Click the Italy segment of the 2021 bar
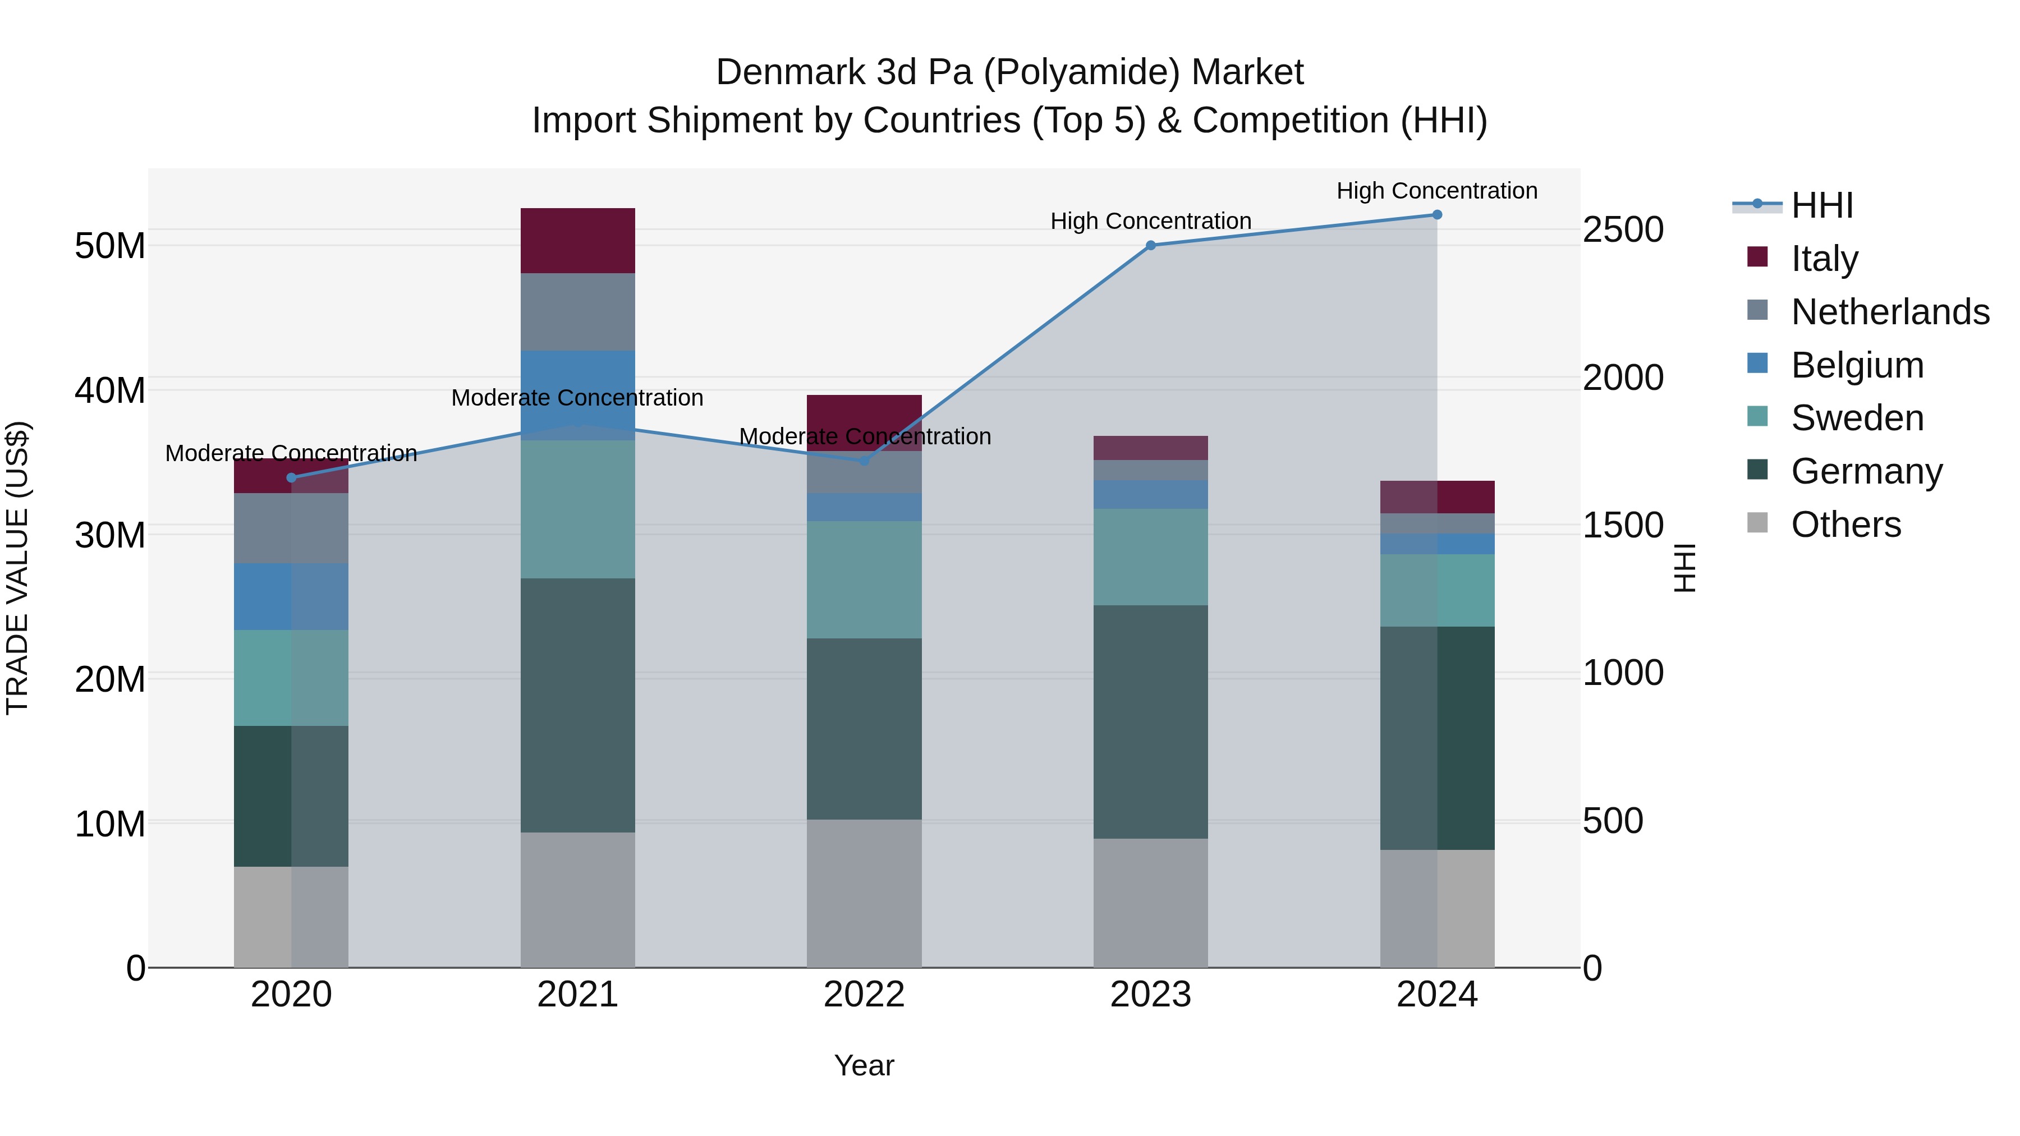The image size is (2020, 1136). (577, 241)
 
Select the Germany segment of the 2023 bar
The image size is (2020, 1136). (1150, 721)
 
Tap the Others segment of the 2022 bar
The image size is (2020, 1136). (864, 893)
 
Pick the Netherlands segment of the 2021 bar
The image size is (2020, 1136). (577, 311)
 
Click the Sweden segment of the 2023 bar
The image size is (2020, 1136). (1150, 556)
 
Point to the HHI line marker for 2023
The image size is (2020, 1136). (1150, 245)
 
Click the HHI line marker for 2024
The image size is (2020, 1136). (1436, 215)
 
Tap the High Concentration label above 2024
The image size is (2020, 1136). (1436, 191)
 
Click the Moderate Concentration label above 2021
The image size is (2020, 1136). (577, 398)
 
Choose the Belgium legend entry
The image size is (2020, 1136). (1857, 365)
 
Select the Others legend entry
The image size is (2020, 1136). (1845, 525)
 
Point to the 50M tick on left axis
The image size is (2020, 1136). (110, 246)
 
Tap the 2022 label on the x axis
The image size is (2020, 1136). (864, 995)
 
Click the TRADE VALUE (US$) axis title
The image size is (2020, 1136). (17, 568)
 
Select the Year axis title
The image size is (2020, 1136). (864, 1065)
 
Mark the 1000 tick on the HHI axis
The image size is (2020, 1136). (1622, 673)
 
